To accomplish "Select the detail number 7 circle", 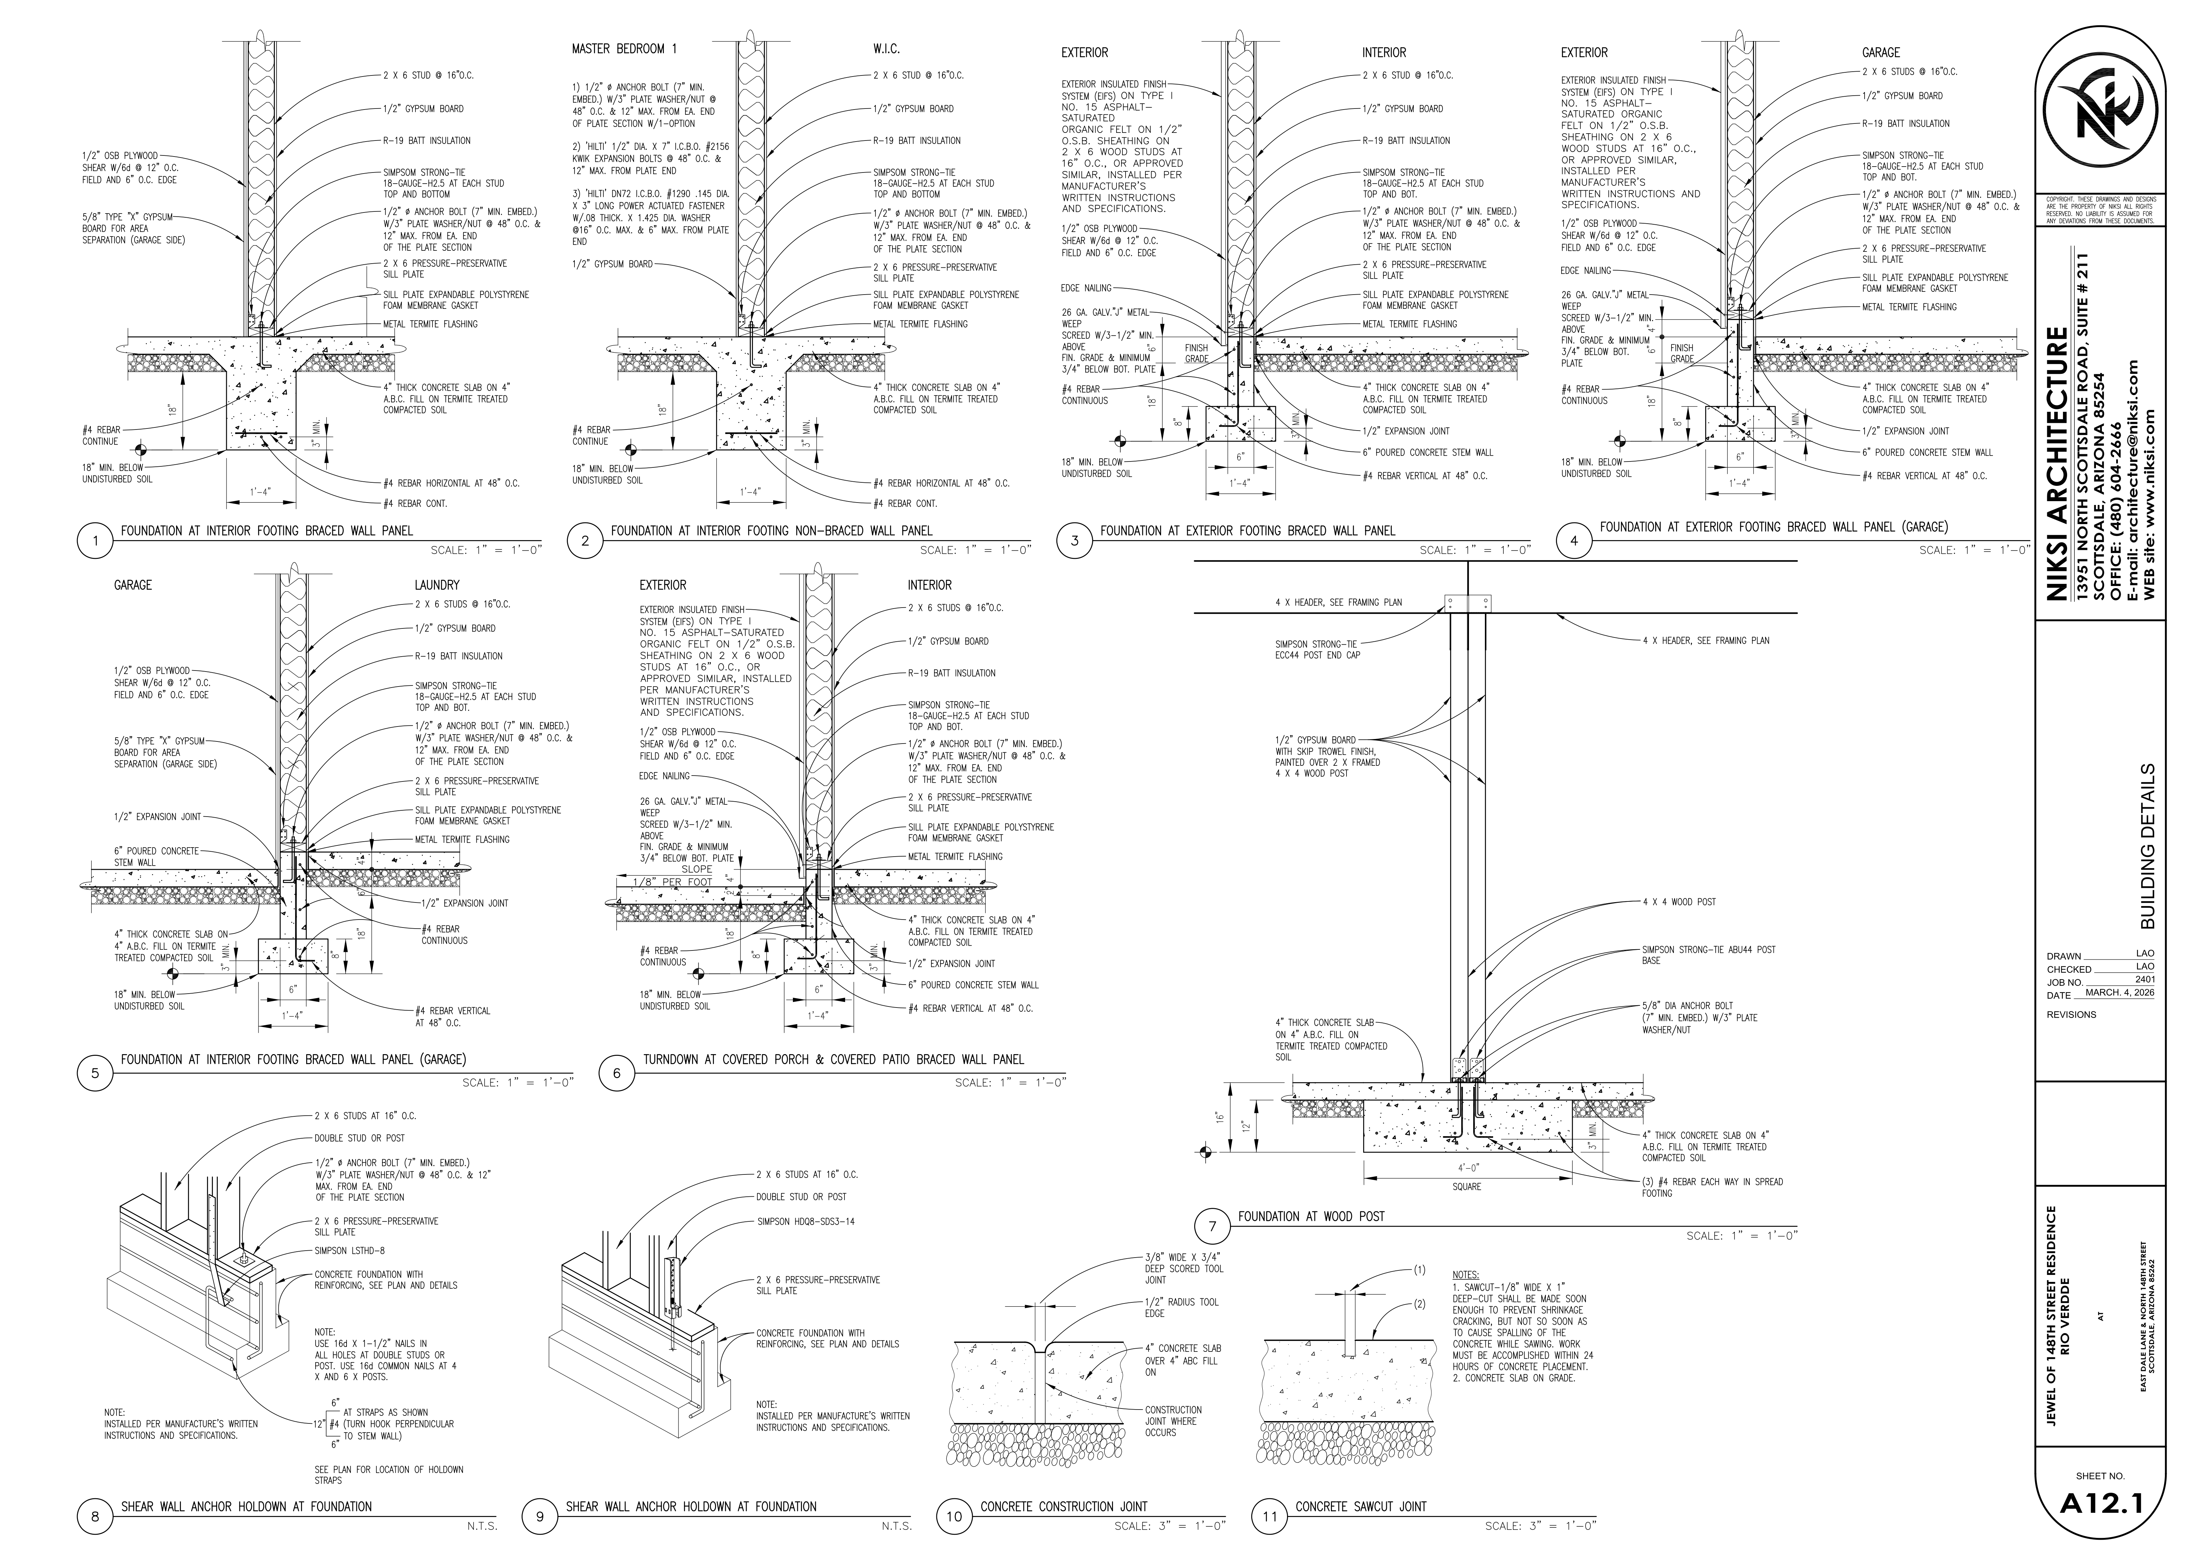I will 1212,1227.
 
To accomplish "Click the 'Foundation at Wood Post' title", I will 1311,1216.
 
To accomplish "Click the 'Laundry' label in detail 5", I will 437,585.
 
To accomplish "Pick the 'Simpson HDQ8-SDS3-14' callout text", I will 805,1221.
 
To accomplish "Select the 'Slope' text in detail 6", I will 697,869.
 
